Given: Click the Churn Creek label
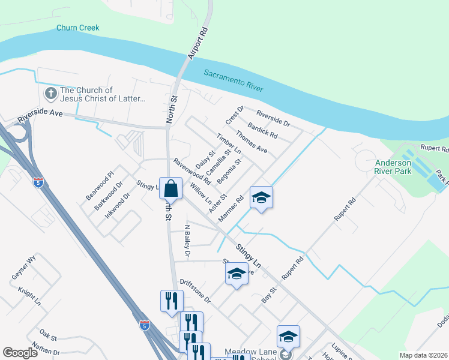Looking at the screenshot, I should point(77,28).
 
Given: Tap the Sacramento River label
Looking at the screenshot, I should point(234,80).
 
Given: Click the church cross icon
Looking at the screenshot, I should point(50,94).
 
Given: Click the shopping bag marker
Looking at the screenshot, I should point(171,188).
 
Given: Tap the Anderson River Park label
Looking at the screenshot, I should point(394,167).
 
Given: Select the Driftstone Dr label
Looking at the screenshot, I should point(195,290).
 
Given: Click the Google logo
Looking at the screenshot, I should point(20,353).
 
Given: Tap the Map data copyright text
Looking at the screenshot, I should point(423,355).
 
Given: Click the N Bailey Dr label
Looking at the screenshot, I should point(187,242).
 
